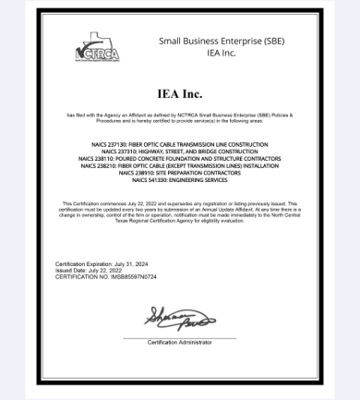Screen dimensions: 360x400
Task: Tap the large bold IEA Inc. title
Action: [x=180, y=93]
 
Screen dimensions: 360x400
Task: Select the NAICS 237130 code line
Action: [x=179, y=145]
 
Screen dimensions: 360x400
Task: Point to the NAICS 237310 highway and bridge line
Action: [x=179, y=152]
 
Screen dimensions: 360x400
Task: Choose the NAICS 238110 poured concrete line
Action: [x=179, y=159]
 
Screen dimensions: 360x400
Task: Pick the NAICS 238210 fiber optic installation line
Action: [x=179, y=165]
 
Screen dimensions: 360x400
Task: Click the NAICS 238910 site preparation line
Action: [x=179, y=173]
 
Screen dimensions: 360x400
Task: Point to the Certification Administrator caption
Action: [x=180, y=343]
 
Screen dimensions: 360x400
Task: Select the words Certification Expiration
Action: [x=82, y=263]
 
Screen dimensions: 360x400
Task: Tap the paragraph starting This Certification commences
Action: [x=179, y=212]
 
